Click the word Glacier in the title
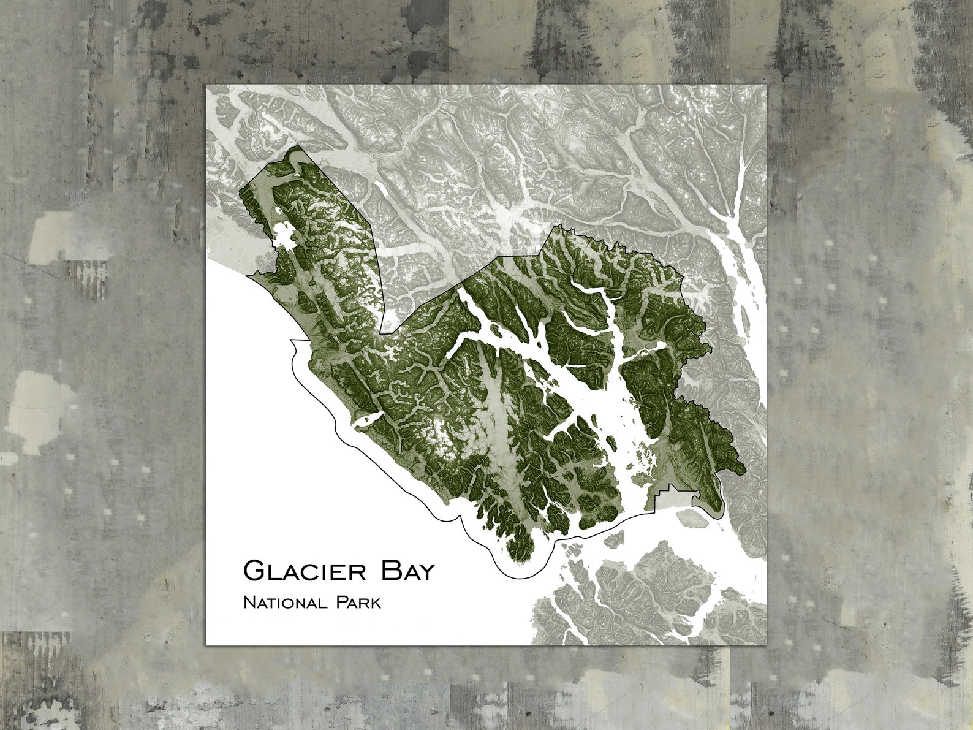305,571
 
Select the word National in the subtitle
284,603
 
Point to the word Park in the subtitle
358,603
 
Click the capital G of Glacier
254,571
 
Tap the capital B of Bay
390,571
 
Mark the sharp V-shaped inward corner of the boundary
381,333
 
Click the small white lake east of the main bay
655,349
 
